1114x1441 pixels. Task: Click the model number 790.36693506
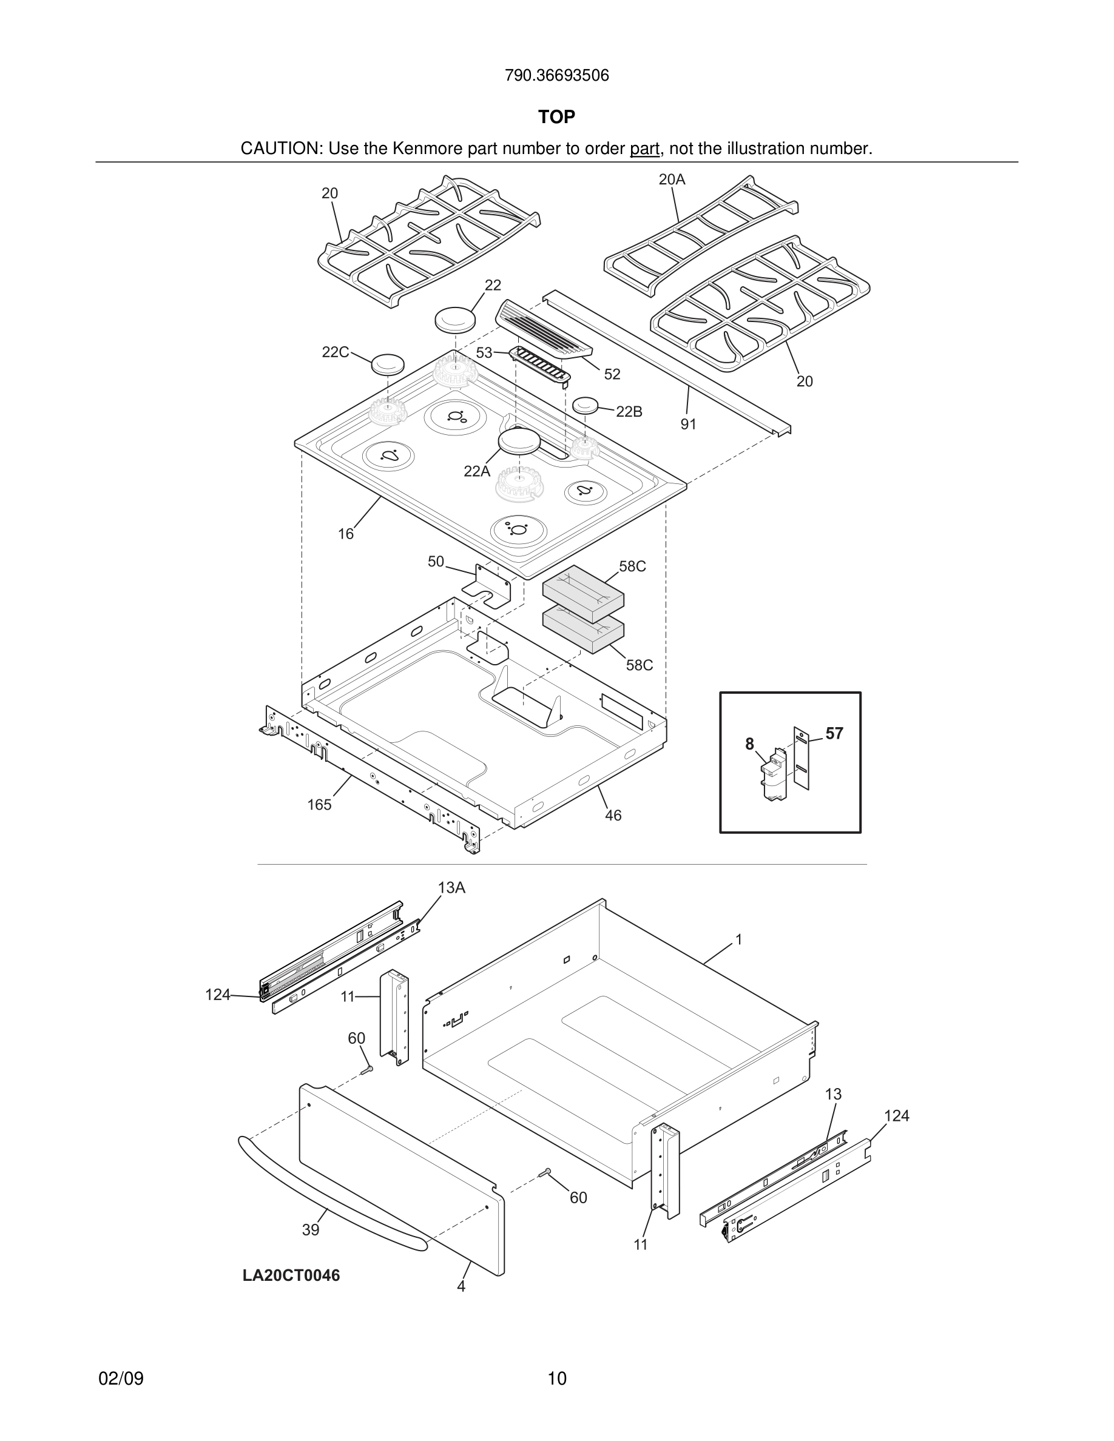pyautogui.click(x=556, y=76)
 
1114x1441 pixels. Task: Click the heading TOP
pyautogui.click(x=556, y=117)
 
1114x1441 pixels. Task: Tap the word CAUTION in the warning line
pyautogui.click(x=280, y=149)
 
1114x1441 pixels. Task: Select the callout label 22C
pyautogui.click(x=336, y=352)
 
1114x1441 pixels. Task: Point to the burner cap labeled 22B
pyautogui.click(x=586, y=406)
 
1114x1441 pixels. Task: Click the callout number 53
pyautogui.click(x=484, y=353)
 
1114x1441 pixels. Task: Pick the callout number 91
pyautogui.click(x=688, y=425)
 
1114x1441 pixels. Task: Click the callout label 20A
pyautogui.click(x=672, y=180)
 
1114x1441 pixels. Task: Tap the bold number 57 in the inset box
pyautogui.click(x=834, y=734)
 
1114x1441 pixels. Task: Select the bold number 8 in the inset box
pyautogui.click(x=750, y=744)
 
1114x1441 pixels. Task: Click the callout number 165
pyautogui.click(x=319, y=805)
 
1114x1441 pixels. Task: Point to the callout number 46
pyautogui.click(x=613, y=816)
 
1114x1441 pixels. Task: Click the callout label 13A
pyautogui.click(x=451, y=888)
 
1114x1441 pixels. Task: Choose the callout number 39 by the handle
pyautogui.click(x=311, y=1230)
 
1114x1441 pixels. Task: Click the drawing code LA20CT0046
pyautogui.click(x=291, y=1275)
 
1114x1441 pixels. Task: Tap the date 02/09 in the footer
pyautogui.click(x=121, y=1379)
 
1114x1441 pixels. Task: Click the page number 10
pyautogui.click(x=557, y=1379)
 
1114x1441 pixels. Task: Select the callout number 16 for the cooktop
pyautogui.click(x=346, y=534)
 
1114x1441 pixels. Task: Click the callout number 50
pyautogui.click(x=436, y=562)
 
